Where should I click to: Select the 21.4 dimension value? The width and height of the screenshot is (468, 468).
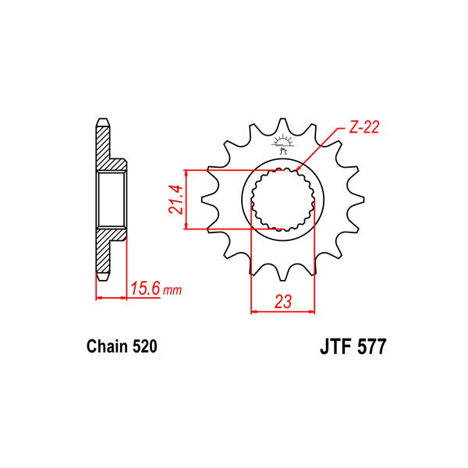[176, 199]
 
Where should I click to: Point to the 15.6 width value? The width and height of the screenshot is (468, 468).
[146, 289]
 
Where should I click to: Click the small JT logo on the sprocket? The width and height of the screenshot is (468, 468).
[282, 140]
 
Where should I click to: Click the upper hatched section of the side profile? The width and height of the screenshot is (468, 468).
[105, 148]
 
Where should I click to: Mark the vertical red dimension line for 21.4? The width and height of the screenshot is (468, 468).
[186, 199]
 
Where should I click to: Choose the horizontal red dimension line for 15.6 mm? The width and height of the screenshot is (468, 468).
[111, 297]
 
